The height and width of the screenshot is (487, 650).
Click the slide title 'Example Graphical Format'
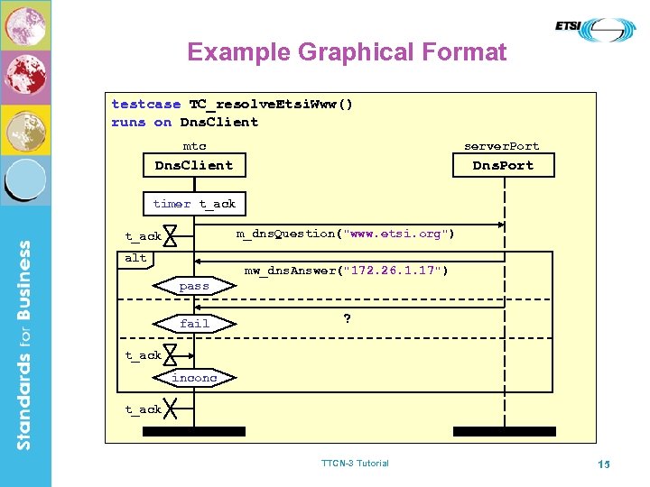347,52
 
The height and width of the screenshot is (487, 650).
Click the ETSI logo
595,30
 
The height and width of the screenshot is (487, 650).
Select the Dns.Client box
194,165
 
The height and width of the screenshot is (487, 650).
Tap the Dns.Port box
503,165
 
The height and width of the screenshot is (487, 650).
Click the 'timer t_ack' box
194,204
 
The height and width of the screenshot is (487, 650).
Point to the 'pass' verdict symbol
194,286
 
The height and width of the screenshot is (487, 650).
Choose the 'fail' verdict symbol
194,323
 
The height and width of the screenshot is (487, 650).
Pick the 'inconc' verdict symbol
194,378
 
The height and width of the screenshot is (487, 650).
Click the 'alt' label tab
135,258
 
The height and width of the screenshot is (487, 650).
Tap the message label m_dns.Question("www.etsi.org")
346,234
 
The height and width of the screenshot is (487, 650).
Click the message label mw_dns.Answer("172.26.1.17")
346,270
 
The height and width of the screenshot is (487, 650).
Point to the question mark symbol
347,318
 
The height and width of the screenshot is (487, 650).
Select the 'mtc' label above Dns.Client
194,146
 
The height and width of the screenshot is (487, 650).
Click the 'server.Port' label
501,146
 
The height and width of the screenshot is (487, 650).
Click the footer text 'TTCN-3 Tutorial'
355,464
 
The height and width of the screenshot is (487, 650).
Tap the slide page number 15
604,464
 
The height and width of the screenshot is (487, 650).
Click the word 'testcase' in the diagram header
146,104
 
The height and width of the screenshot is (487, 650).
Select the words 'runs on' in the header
141,122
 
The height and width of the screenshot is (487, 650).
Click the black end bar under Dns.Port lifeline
504,431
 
